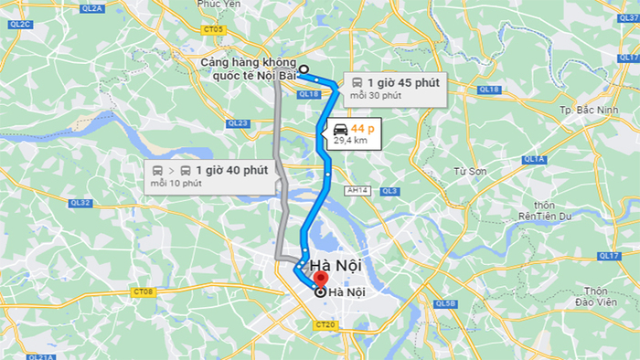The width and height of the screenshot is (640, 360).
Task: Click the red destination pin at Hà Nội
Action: click(x=319, y=279)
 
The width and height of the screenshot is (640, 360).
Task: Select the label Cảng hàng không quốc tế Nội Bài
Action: click(x=248, y=69)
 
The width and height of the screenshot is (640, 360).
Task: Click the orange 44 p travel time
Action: click(x=362, y=128)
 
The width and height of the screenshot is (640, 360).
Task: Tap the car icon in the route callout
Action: click(x=340, y=128)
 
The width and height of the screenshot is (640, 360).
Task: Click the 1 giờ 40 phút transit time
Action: click(x=230, y=170)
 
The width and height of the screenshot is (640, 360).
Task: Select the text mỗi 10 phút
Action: click(x=176, y=184)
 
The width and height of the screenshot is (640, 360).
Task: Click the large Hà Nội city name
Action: click(x=336, y=266)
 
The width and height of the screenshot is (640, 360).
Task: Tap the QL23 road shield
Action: click(x=238, y=122)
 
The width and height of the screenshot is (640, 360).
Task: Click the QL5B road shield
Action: click(x=445, y=302)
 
